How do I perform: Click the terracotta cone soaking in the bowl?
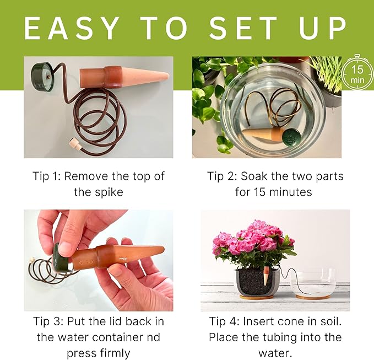pyautogui.click(x=261, y=133)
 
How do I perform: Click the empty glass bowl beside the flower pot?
pyautogui.click(x=312, y=281)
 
